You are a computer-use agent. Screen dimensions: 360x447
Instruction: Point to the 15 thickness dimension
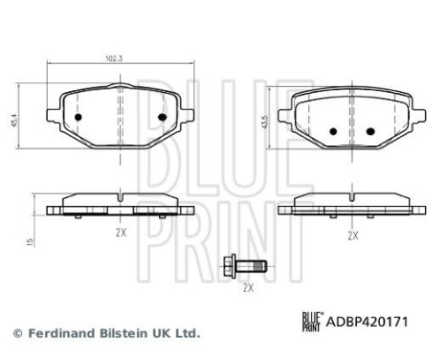click(x=32, y=244)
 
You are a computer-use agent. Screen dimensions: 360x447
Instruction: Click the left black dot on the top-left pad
click(x=79, y=118)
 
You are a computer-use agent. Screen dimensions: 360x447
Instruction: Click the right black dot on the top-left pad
click(x=161, y=118)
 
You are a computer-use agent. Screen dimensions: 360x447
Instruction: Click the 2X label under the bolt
click(x=247, y=287)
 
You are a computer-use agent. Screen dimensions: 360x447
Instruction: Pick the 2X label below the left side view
click(x=121, y=233)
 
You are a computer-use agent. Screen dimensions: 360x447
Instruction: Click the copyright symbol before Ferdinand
click(x=16, y=333)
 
